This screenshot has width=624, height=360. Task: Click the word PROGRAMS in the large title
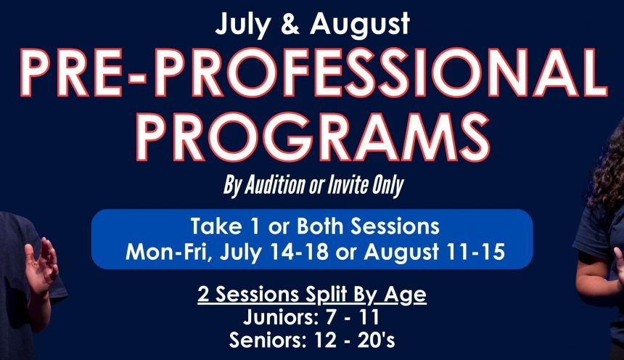(313, 136)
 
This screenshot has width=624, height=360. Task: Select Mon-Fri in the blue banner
(168, 253)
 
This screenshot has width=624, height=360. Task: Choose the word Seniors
(268, 340)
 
